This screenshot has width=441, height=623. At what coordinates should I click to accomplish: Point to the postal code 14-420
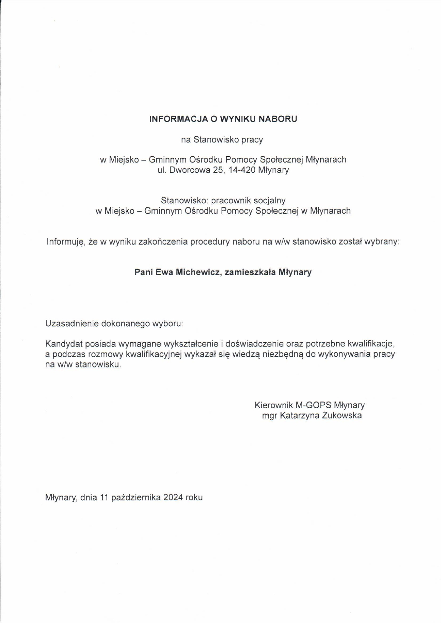(x=242, y=170)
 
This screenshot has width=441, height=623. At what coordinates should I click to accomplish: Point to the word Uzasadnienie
(x=72, y=324)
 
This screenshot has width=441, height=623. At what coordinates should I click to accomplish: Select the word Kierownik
(x=273, y=405)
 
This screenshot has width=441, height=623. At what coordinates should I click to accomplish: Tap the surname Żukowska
(x=342, y=416)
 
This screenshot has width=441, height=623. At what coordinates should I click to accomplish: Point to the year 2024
(x=173, y=497)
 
